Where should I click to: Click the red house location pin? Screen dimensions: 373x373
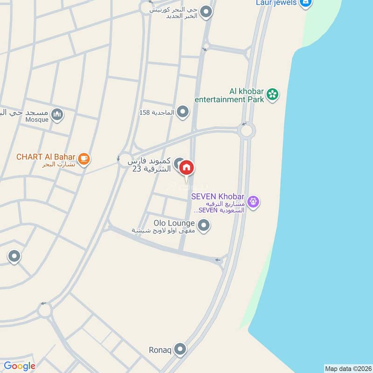(x=186, y=167)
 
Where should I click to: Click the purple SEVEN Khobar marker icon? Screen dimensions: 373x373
(x=253, y=201)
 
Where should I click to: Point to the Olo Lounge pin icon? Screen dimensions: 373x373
(x=203, y=227)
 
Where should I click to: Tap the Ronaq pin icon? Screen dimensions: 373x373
(x=180, y=349)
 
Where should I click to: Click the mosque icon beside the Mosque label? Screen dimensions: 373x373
(x=57, y=114)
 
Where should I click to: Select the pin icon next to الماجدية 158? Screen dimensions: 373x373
(x=183, y=112)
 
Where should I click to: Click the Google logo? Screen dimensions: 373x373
(x=20, y=366)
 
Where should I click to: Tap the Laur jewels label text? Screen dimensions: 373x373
(x=276, y=3)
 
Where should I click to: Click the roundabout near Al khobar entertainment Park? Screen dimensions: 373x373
(x=246, y=130)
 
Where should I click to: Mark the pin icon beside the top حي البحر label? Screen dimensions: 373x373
(x=206, y=13)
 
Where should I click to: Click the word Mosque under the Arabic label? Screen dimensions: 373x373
(x=37, y=119)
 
